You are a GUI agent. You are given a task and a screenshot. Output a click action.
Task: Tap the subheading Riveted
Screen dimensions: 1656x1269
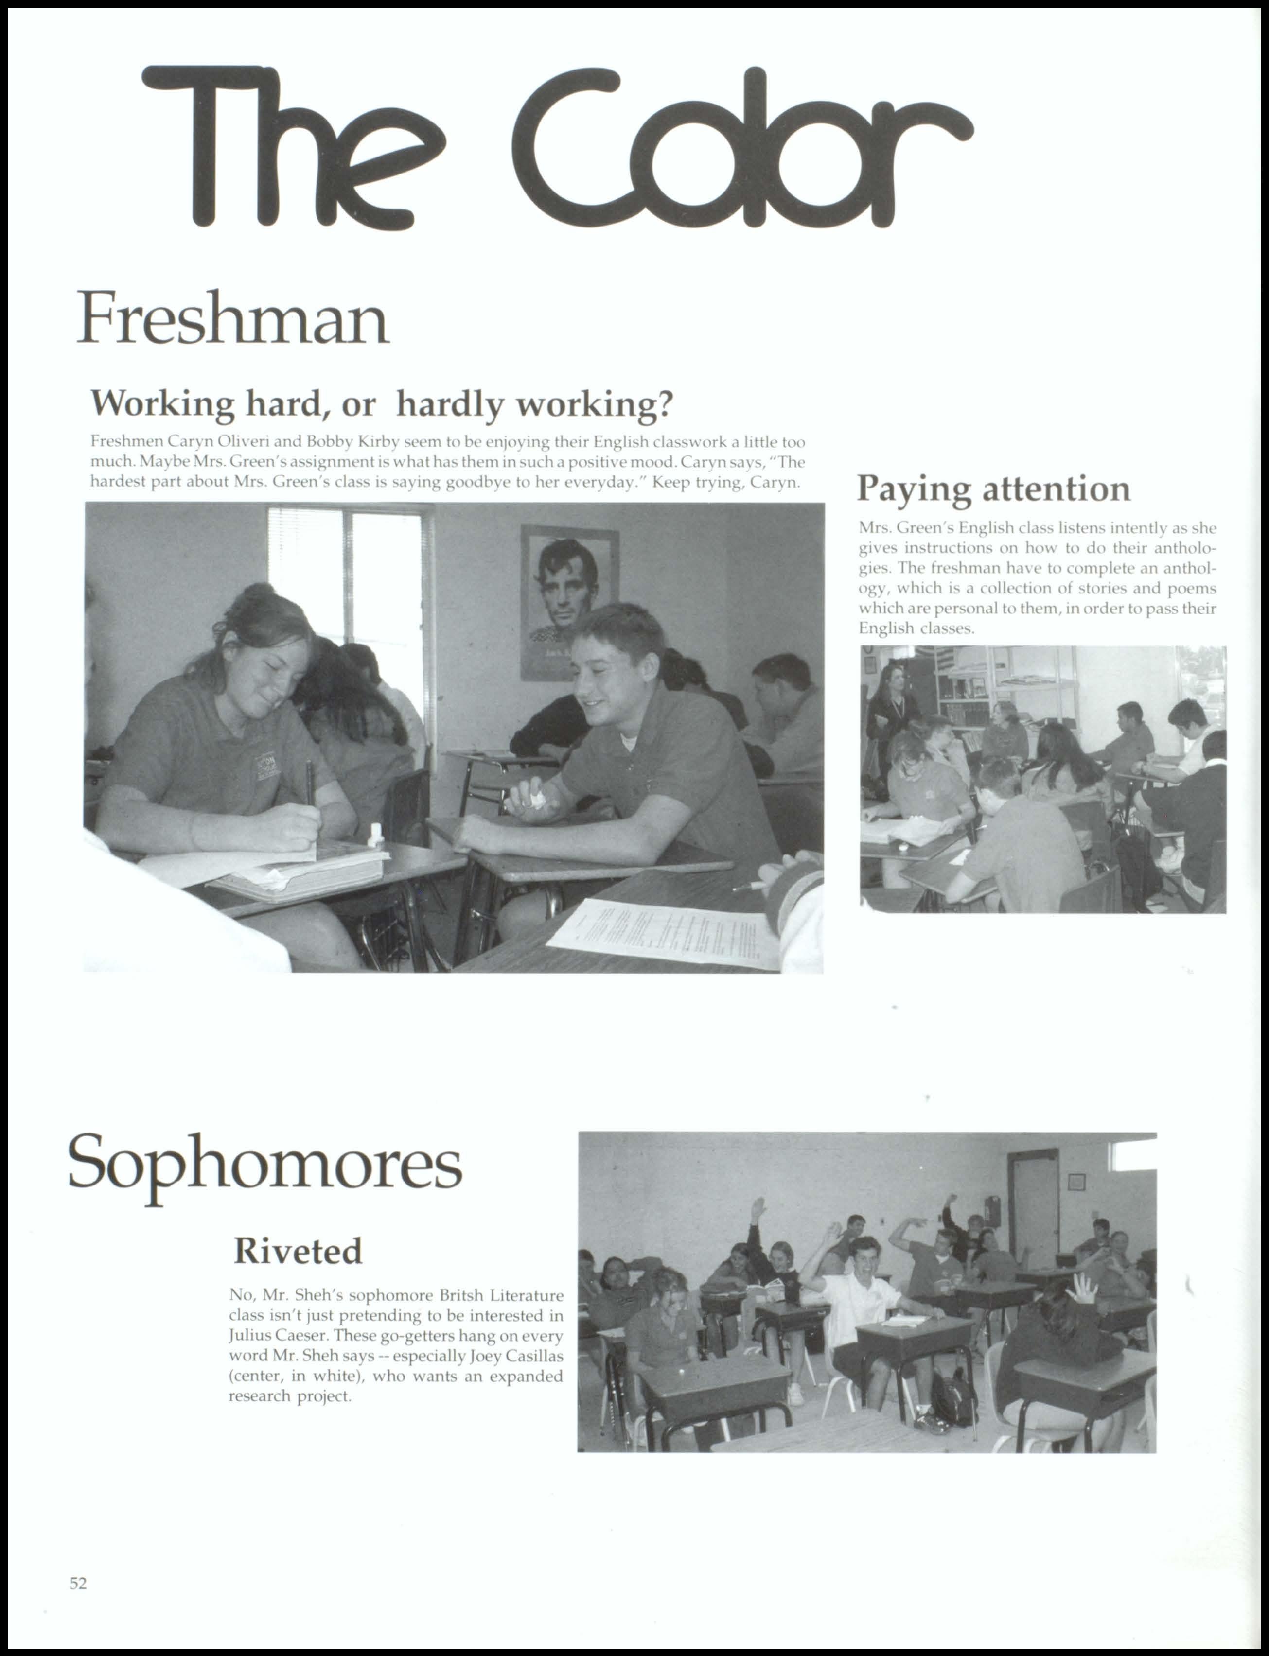(x=298, y=1251)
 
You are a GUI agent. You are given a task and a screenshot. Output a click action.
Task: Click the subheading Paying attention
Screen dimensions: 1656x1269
(x=993, y=488)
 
